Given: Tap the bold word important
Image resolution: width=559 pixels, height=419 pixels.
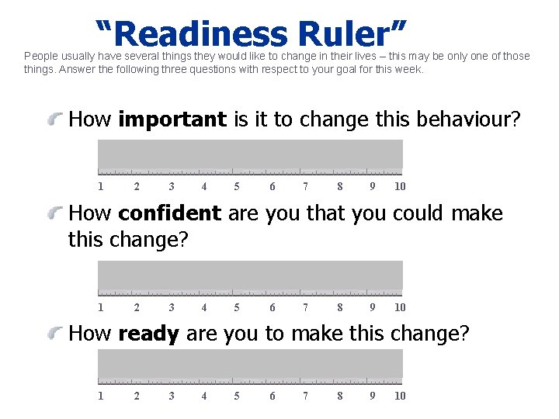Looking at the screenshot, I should click(172, 119).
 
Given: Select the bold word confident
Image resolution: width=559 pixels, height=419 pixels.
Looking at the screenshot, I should click(170, 213).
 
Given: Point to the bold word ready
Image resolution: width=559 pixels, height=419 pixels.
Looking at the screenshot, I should click(148, 334).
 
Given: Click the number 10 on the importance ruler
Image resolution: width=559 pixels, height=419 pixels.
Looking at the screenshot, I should click(400, 186).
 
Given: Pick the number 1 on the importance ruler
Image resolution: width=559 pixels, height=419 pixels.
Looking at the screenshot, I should click(101, 186).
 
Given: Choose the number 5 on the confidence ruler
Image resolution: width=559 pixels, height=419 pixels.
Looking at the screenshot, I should click(237, 307).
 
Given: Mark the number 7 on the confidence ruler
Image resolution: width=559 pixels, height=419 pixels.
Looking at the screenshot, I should click(306, 307).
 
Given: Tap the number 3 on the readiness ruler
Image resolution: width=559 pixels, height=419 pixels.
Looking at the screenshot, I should click(172, 396).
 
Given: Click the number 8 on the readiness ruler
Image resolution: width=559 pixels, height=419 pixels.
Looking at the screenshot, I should click(340, 396).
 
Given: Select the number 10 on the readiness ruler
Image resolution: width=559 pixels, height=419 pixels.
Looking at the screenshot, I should click(400, 396).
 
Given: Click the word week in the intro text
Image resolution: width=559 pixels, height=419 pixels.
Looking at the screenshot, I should click(409, 69).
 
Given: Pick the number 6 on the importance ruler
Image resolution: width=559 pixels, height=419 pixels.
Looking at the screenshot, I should click(272, 186).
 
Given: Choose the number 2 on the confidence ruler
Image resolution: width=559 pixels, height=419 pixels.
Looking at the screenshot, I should click(137, 307).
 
